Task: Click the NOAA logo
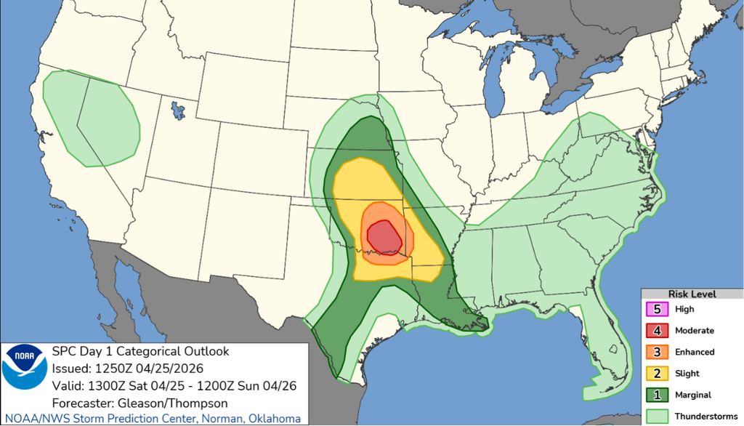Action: tap(24, 366)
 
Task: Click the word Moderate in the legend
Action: tap(694, 330)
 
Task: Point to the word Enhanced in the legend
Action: tap(695, 352)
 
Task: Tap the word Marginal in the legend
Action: tap(693, 395)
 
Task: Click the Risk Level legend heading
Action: tap(692, 294)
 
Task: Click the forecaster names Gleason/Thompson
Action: tap(166, 403)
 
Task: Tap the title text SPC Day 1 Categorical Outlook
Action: tap(141, 352)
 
